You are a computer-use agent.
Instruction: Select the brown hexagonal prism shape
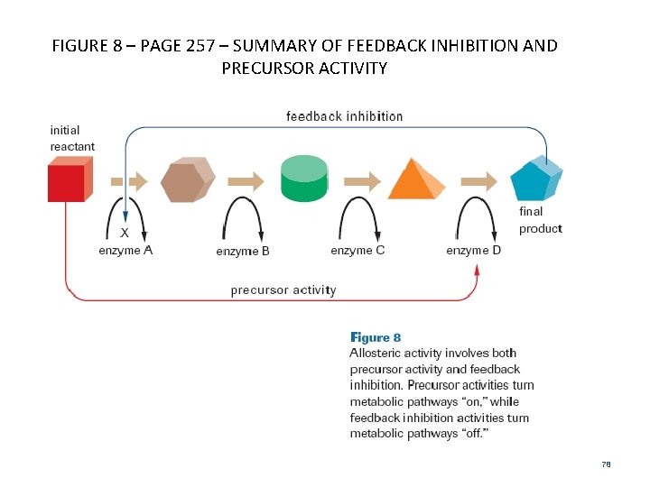(x=187, y=181)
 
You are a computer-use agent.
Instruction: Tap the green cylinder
(x=303, y=179)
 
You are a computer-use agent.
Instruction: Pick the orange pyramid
(x=416, y=179)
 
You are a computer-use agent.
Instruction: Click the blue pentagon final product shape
(x=535, y=179)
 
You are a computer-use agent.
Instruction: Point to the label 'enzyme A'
(x=125, y=250)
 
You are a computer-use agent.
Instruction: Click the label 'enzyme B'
(x=243, y=252)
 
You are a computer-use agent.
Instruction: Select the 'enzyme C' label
(x=357, y=250)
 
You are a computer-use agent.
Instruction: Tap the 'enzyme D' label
(x=473, y=250)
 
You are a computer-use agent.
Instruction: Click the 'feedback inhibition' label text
(x=344, y=116)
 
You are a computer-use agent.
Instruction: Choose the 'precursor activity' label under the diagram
(x=283, y=290)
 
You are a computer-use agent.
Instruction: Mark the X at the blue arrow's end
(x=125, y=232)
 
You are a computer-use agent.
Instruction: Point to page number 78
(x=606, y=464)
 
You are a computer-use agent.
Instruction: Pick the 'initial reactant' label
(x=72, y=138)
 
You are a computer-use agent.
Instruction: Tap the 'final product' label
(x=540, y=220)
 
